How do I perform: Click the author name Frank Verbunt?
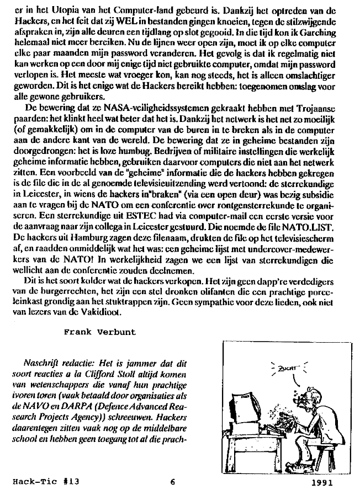click(99, 332)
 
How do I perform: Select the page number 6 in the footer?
click(172, 481)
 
